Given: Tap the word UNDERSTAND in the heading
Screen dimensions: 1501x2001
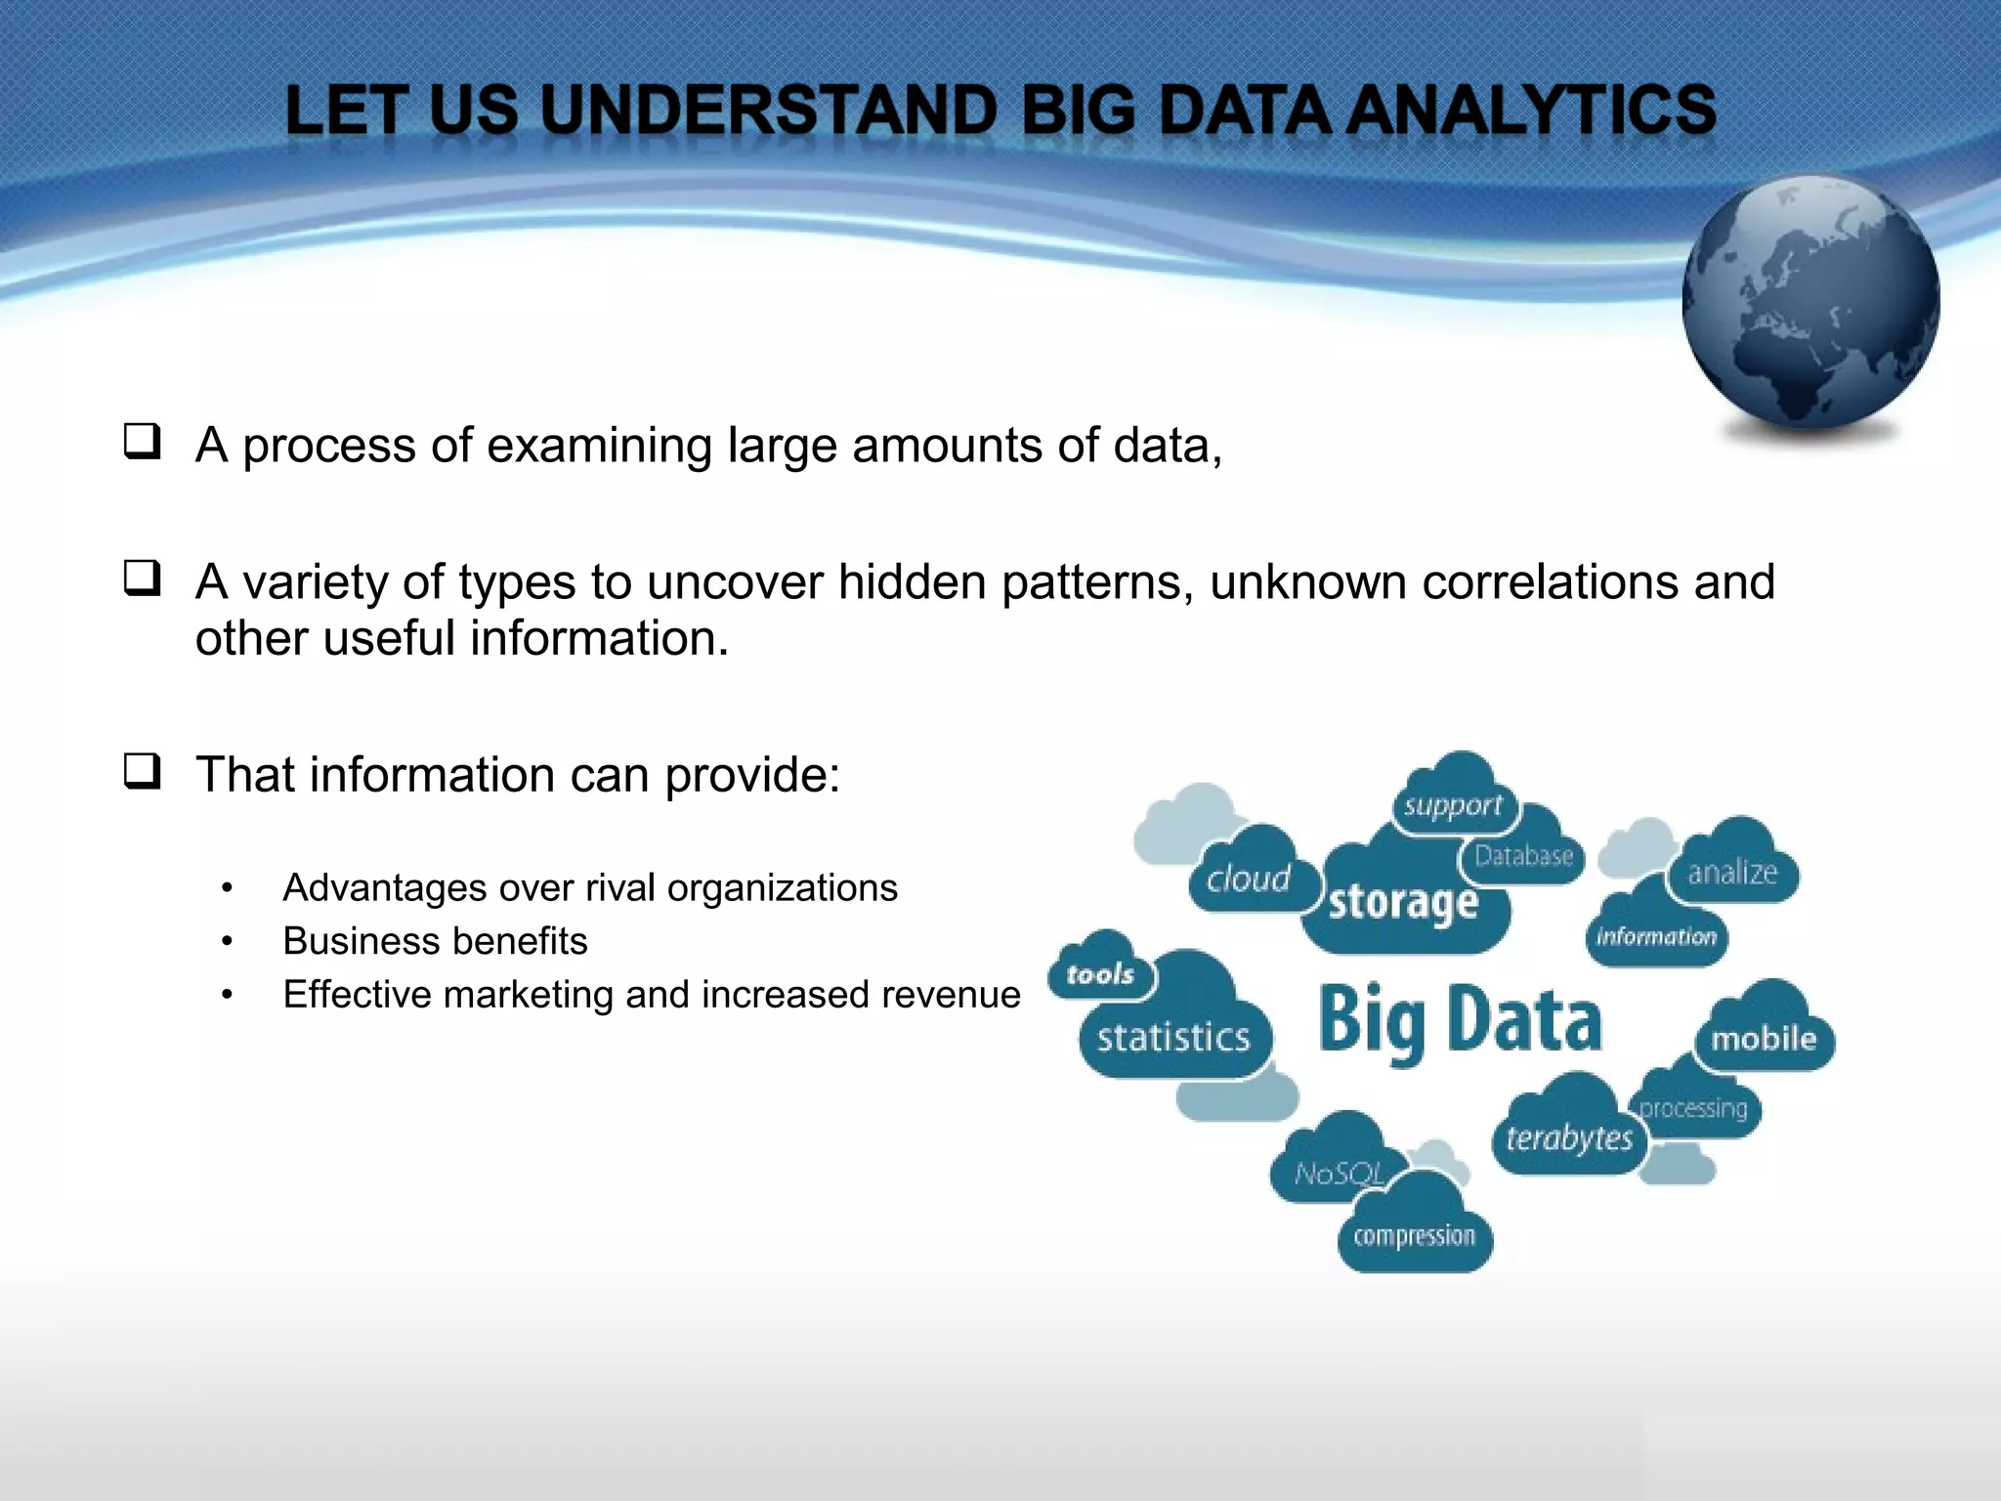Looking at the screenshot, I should (x=768, y=109).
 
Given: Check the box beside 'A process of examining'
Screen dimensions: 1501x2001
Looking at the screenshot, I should (x=142, y=442).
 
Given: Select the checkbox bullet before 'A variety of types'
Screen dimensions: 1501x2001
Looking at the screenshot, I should (x=142, y=579).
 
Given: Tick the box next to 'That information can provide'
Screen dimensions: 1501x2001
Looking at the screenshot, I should (x=142, y=771).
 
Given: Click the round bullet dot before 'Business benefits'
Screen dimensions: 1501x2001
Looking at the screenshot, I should (x=227, y=942).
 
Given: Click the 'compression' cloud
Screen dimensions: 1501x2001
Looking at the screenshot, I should (x=1414, y=1236).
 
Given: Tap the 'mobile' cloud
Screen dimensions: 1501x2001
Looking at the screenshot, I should (x=1764, y=1038).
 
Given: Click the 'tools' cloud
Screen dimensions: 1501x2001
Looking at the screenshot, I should (x=1100, y=973).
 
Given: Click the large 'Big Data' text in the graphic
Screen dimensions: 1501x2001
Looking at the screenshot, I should (x=1460, y=1021).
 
